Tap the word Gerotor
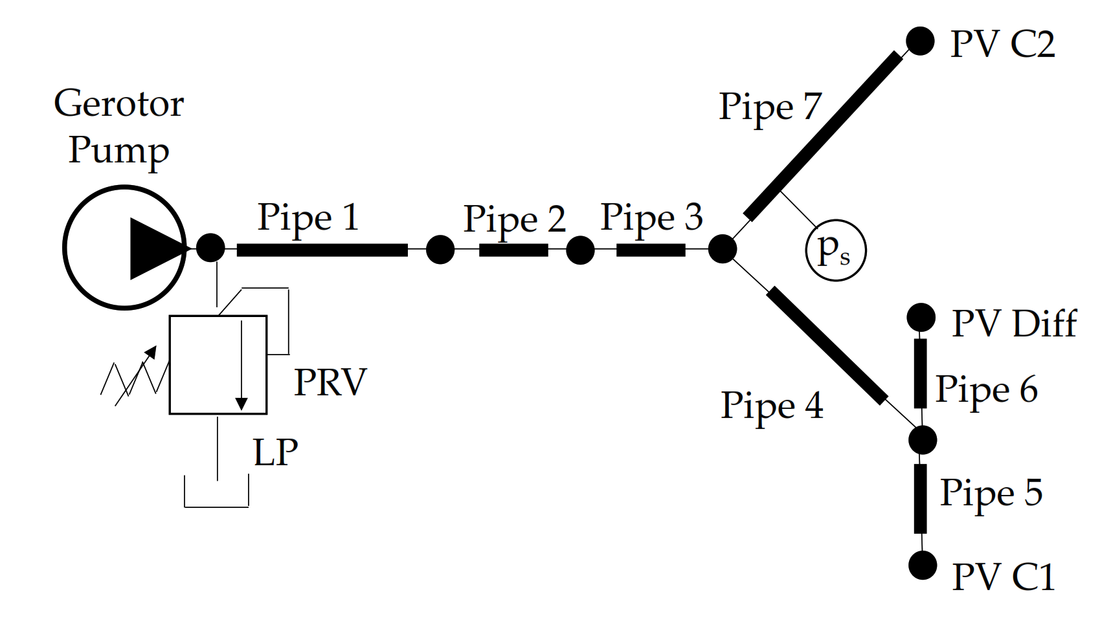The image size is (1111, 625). coord(119,104)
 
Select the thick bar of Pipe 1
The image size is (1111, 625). coord(322,250)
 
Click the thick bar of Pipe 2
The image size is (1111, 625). coord(513,250)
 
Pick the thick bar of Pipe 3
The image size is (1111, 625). coord(650,250)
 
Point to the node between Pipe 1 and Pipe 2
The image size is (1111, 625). coord(440,249)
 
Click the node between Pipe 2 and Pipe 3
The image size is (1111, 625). coord(580,250)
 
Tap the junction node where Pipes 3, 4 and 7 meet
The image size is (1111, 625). coord(722,249)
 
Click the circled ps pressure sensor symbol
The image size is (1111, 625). coord(835,250)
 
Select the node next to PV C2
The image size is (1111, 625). coord(919,41)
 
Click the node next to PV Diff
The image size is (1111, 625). coord(921,318)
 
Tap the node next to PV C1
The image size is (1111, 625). coord(922,565)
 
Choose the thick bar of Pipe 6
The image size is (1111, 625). coord(920,373)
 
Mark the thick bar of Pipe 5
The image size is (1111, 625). coord(920,498)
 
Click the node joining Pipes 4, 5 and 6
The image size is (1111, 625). coord(922,440)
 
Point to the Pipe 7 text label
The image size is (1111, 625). coord(770,107)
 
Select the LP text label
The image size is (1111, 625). coord(275,452)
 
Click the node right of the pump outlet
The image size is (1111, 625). coord(210,248)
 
